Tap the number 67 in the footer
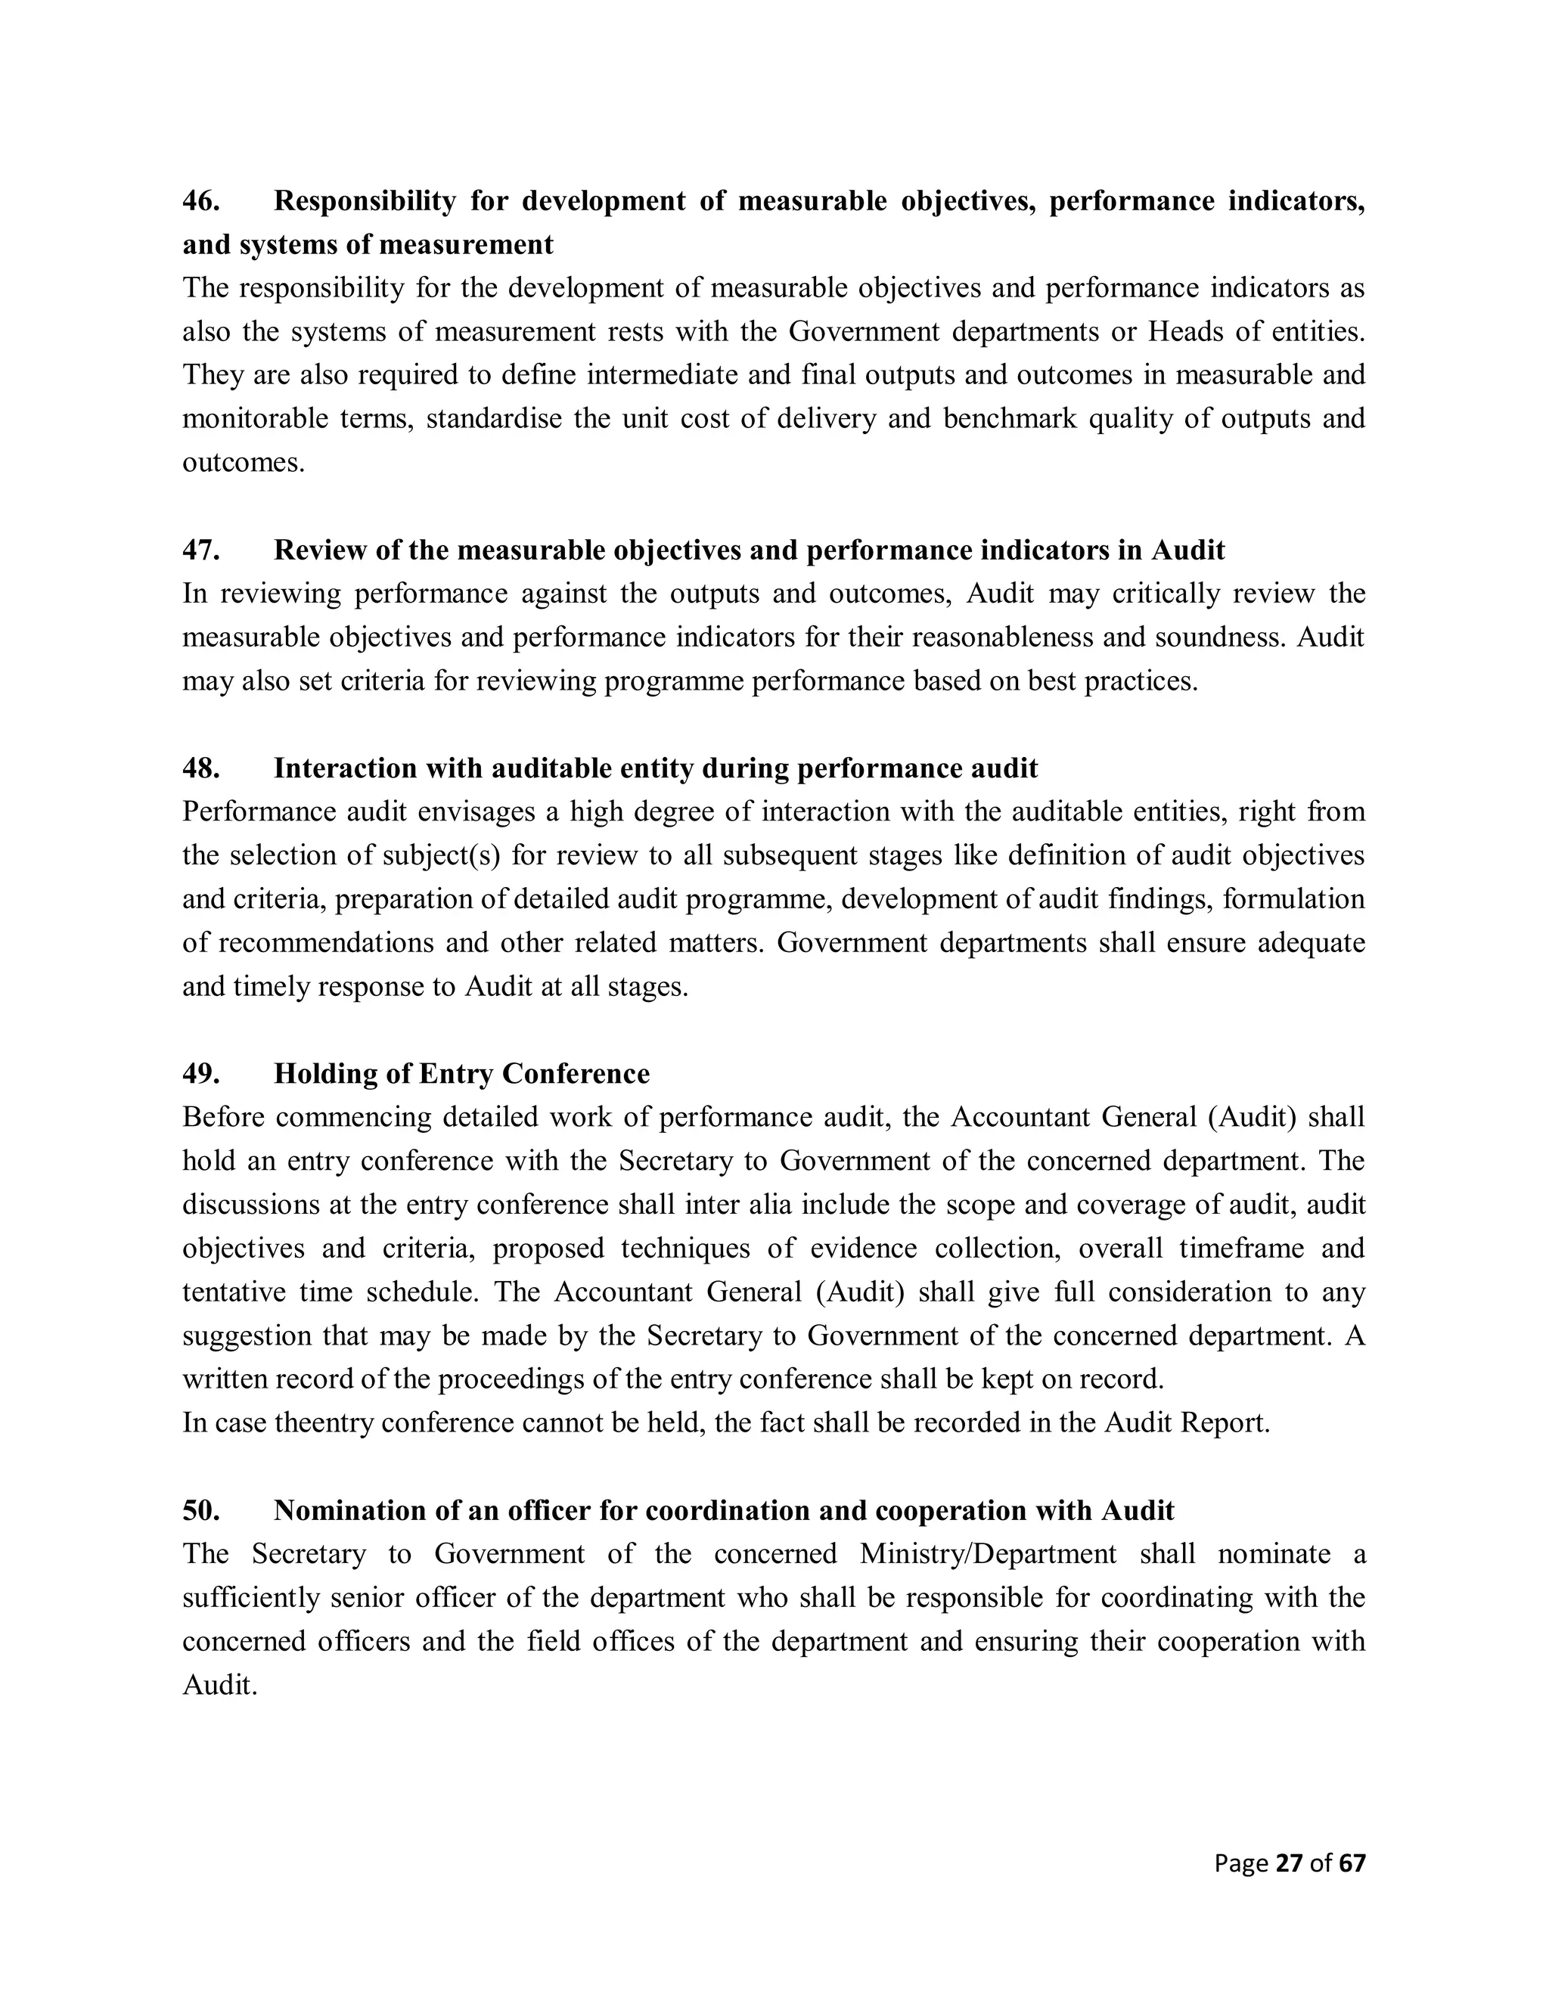point(1352,1863)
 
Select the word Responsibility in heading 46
point(365,201)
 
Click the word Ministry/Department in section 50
point(989,1554)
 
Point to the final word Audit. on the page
point(219,1686)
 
